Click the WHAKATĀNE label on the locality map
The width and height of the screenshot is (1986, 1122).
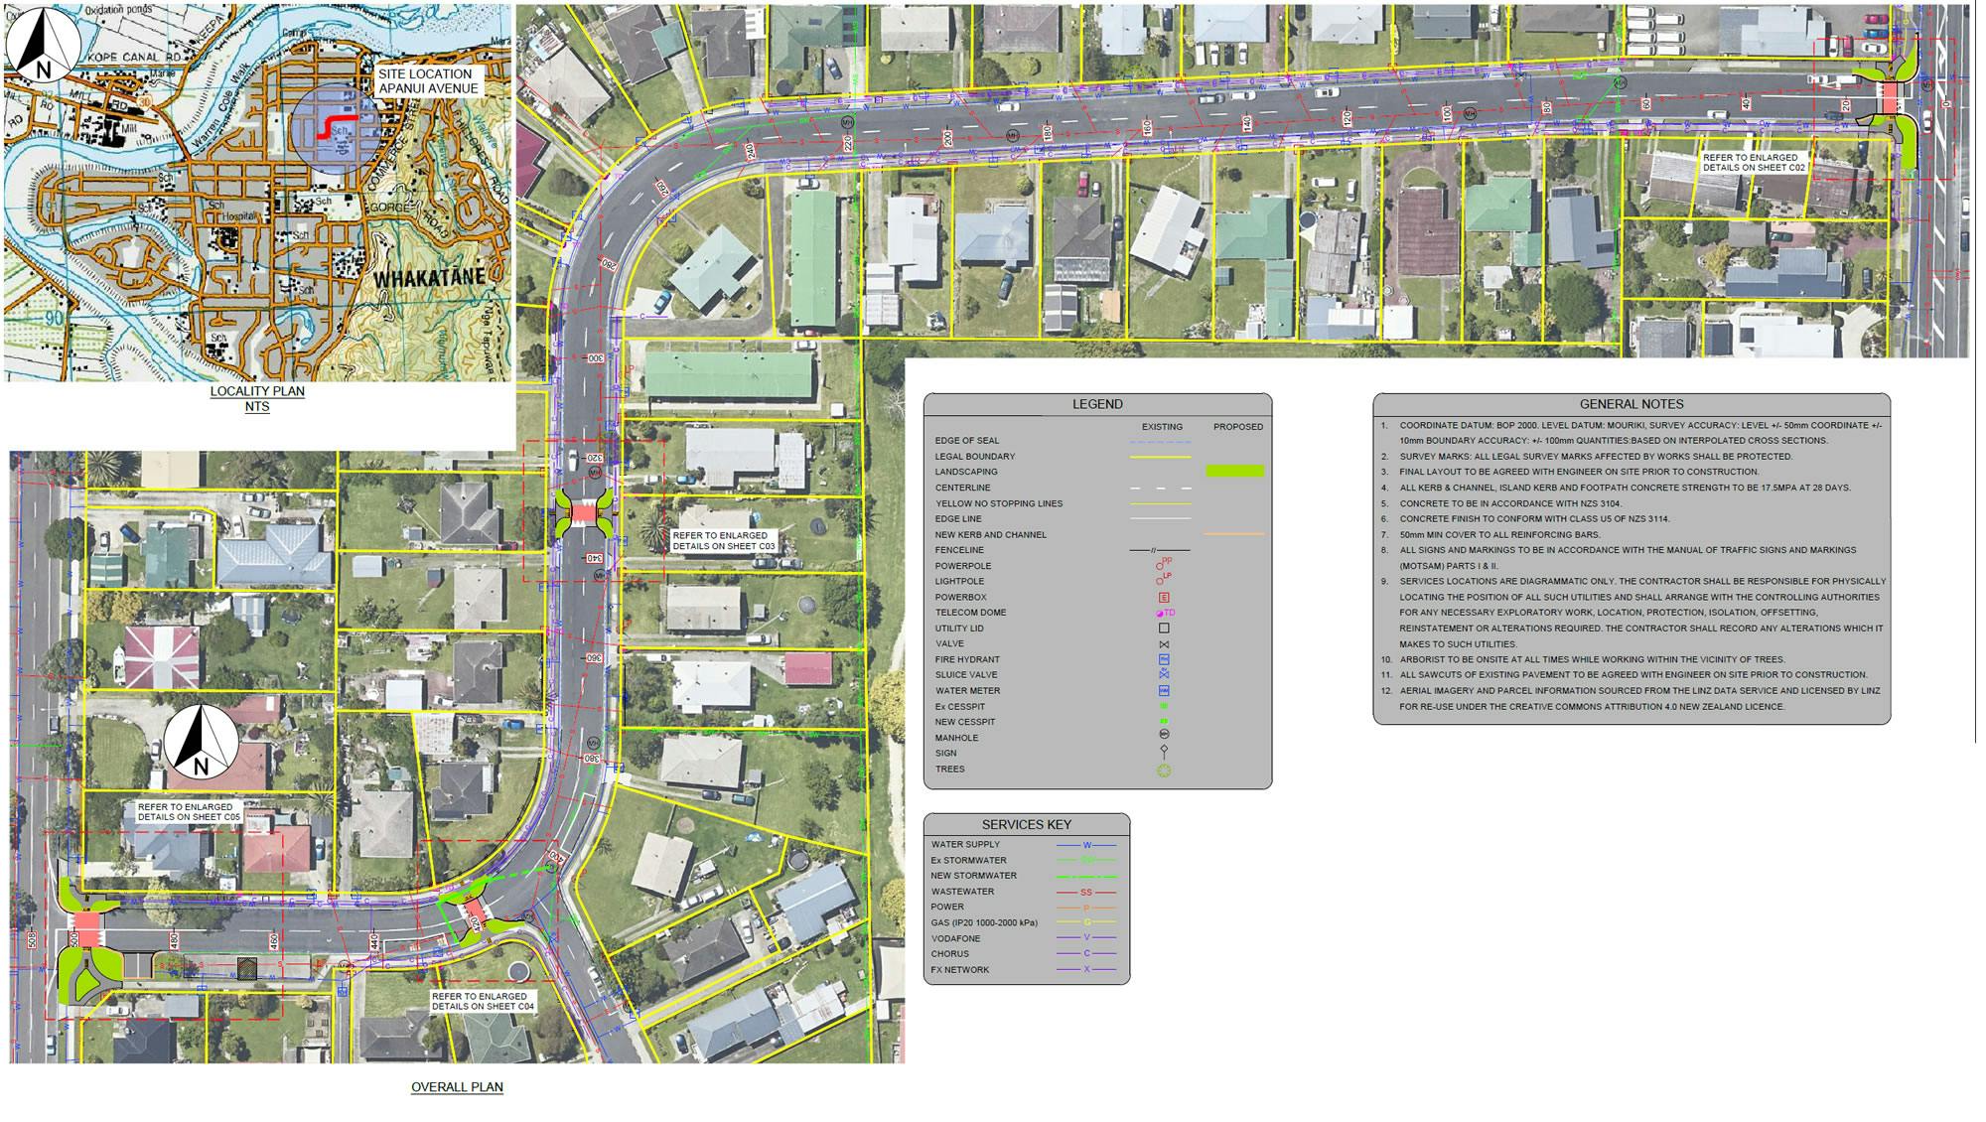pyautogui.click(x=429, y=277)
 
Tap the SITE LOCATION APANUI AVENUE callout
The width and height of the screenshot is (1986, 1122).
pyautogui.click(x=428, y=81)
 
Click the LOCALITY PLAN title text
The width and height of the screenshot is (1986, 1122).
pyautogui.click(x=257, y=391)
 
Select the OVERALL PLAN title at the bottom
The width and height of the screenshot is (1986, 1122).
pyautogui.click(x=457, y=1087)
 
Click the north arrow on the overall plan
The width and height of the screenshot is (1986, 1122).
pyautogui.click(x=202, y=741)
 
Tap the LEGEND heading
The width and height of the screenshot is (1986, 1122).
pyautogui.click(x=1097, y=404)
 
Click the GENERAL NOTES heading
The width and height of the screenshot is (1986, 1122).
pyautogui.click(x=1631, y=404)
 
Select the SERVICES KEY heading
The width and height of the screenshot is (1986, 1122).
pyautogui.click(x=1026, y=824)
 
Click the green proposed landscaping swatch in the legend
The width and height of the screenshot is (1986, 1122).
pyautogui.click(x=1234, y=472)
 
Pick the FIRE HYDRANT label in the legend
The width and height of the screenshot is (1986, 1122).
pyautogui.click(x=967, y=659)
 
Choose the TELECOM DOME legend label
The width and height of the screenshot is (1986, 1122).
pyautogui.click(x=970, y=613)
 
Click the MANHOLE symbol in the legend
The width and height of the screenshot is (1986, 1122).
pyautogui.click(x=1165, y=734)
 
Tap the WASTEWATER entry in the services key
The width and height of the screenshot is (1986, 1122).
pyautogui.click(x=962, y=892)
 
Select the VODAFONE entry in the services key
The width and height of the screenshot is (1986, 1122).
pyautogui.click(x=955, y=938)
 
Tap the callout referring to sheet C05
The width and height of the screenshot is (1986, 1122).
pyautogui.click(x=189, y=811)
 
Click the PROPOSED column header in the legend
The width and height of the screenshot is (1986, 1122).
pyautogui.click(x=1237, y=427)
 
